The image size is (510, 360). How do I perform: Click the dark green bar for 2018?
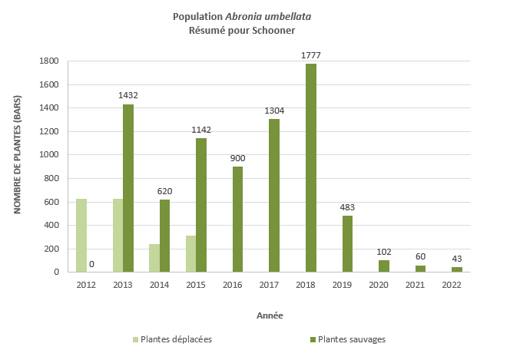tap(310, 167)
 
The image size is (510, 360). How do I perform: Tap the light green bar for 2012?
tap(81, 235)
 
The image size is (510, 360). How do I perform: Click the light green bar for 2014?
tap(154, 258)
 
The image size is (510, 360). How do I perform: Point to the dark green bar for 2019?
tap(347, 243)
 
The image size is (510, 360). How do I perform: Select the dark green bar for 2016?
tap(237, 219)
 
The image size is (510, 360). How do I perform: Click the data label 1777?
tap(310, 54)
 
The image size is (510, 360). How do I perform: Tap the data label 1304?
tap(273, 111)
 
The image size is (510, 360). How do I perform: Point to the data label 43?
tap(456, 258)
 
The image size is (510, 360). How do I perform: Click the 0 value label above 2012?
tap(91, 264)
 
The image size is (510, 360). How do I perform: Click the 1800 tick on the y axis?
tap(48, 61)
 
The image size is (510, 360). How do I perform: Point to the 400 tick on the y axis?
tap(51, 225)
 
